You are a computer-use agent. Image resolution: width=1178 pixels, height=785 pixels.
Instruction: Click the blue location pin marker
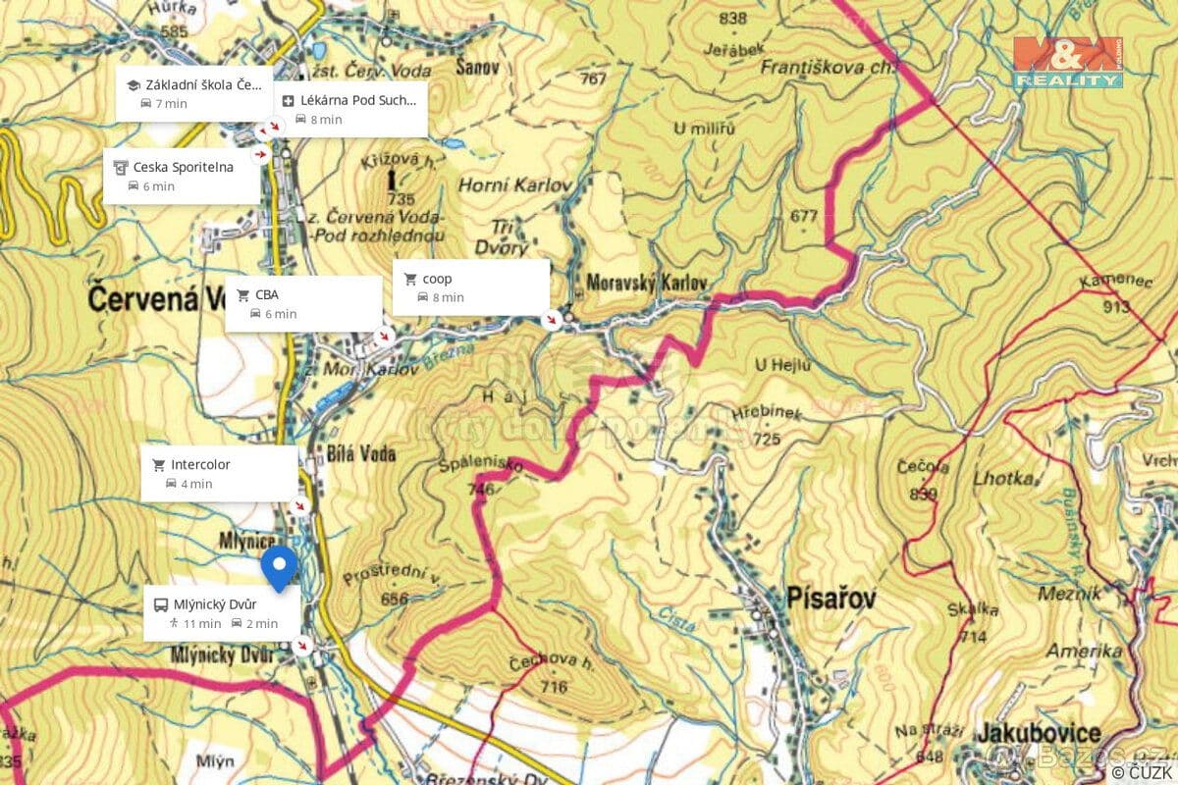click(x=280, y=567)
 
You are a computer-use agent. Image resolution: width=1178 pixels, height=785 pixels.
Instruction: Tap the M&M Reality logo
click(x=1068, y=62)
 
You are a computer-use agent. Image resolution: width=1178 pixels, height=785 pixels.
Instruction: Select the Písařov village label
click(x=830, y=598)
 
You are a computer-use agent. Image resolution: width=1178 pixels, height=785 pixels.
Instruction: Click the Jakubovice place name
click(x=1039, y=733)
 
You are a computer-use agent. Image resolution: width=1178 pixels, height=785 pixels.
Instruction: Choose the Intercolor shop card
click(x=219, y=473)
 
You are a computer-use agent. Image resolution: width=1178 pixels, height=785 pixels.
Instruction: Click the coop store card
click(x=470, y=288)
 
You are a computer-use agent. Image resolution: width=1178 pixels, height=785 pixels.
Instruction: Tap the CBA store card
click(x=302, y=303)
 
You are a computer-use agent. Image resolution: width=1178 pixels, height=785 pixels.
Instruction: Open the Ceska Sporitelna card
click(x=182, y=176)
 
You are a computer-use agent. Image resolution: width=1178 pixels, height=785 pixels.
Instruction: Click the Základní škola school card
click(x=193, y=94)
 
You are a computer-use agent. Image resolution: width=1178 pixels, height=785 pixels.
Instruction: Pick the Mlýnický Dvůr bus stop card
click(x=222, y=613)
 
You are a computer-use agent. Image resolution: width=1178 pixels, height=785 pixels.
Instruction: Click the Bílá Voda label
click(x=364, y=453)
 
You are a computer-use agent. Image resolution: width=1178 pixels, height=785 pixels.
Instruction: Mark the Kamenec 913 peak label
click(x=1104, y=293)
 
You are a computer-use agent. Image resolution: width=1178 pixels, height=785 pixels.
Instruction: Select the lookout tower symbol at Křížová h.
click(x=394, y=181)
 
